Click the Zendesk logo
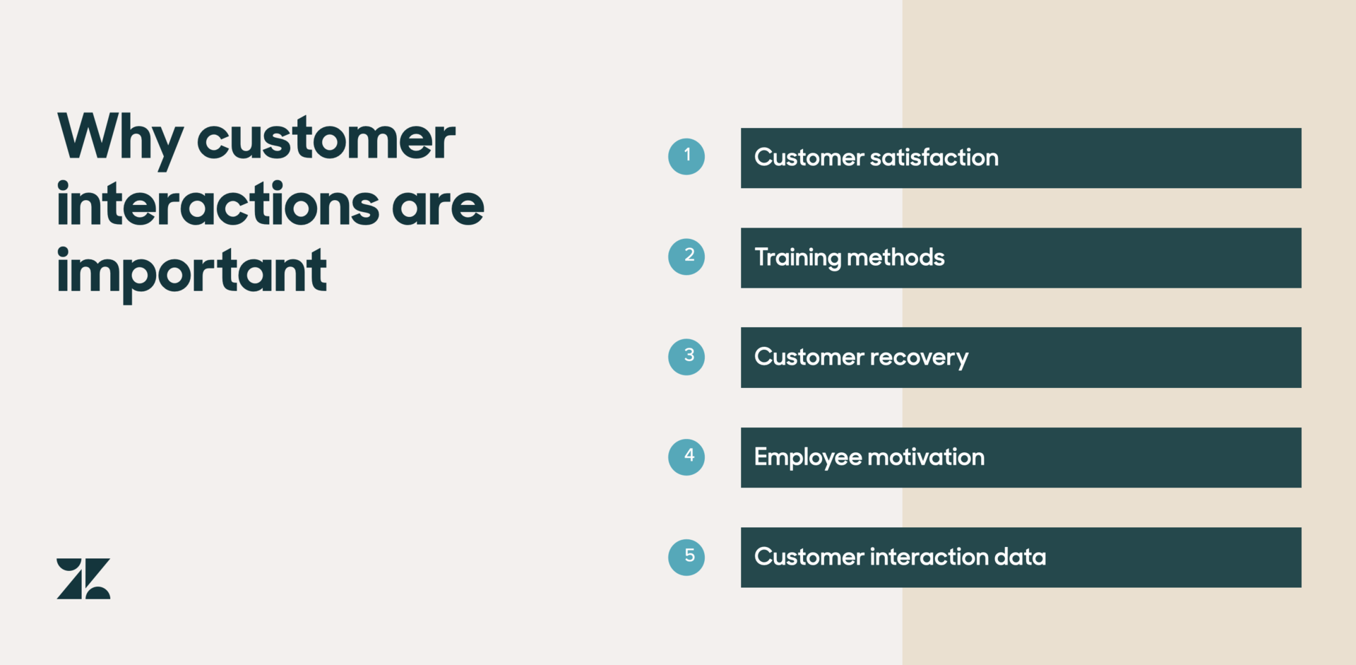coord(83,579)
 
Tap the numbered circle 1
coord(686,156)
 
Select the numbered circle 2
coord(686,257)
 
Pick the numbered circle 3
coord(686,357)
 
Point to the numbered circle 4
coord(686,457)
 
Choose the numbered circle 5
coord(686,557)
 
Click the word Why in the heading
coord(120,139)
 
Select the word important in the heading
coord(191,272)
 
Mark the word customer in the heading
coord(326,139)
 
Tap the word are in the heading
coord(438,206)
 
